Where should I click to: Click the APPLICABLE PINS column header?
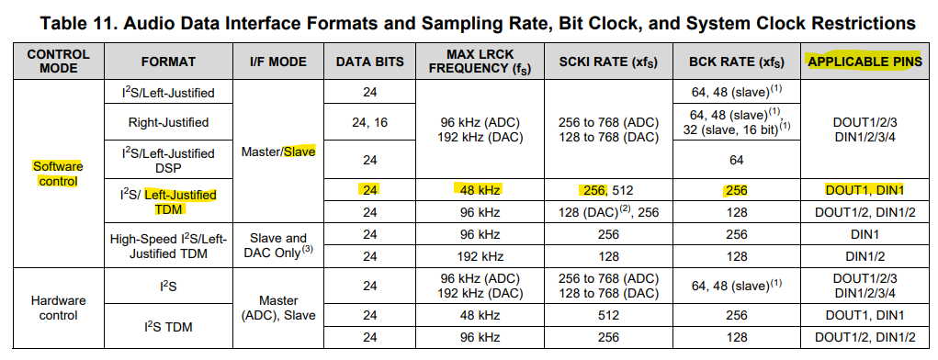[x=865, y=62]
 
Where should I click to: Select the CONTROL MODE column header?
[x=58, y=61]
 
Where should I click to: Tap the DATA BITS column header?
[x=369, y=62]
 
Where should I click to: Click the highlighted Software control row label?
[x=58, y=174]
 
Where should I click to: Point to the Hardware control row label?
[x=58, y=308]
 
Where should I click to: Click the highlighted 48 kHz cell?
[x=480, y=190]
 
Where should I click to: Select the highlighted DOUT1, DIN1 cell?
[x=865, y=190]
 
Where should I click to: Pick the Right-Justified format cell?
[x=169, y=122]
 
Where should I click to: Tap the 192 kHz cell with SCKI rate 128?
[x=480, y=256]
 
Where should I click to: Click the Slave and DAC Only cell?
[x=278, y=245]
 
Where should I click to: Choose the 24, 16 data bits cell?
[x=369, y=122]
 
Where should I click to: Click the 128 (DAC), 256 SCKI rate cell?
[x=608, y=212]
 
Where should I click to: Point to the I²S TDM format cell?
[x=169, y=327]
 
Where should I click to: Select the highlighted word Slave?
[x=299, y=152]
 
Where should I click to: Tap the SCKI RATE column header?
[x=608, y=62]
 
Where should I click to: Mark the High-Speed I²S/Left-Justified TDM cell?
[x=169, y=246]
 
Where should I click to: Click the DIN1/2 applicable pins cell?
[x=865, y=256]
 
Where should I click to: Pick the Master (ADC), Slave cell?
[x=278, y=308]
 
